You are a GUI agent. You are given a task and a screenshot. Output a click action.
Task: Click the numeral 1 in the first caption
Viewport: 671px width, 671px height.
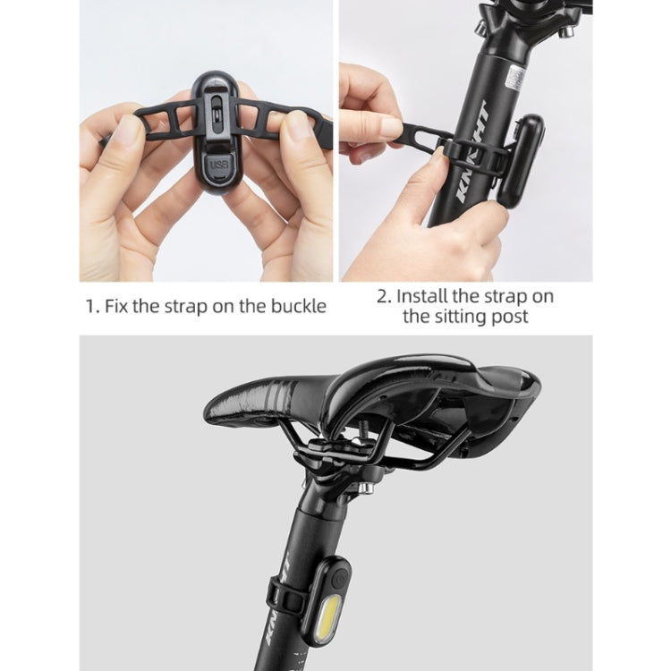pyautogui.click(x=89, y=306)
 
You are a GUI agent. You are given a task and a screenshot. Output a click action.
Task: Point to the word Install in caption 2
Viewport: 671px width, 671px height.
pyautogui.click(x=426, y=295)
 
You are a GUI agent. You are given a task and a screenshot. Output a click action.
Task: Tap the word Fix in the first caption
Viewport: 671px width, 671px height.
pyautogui.click(x=117, y=306)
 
